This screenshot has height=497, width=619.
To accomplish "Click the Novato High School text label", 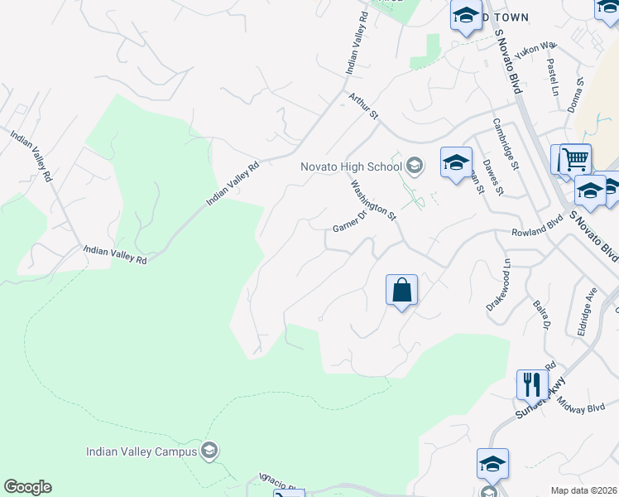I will tap(352, 167).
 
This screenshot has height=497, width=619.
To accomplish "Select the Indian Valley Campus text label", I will tap(142, 451).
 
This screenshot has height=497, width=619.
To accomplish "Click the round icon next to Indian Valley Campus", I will tap(209, 451).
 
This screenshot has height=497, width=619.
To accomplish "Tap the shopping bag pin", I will tap(401, 291).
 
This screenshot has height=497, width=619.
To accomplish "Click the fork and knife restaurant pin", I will tap(532, 384).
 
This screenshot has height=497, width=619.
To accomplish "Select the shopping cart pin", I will tap(574, 158).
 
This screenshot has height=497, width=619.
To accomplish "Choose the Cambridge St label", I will tap(505, 143).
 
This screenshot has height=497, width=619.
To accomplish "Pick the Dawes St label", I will tap(493, 178).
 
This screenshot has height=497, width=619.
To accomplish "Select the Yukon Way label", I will tap(536, 51).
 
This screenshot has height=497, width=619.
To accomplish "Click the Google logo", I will tap(28, 487).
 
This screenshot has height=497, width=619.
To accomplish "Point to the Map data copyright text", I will tap(584, 490).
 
